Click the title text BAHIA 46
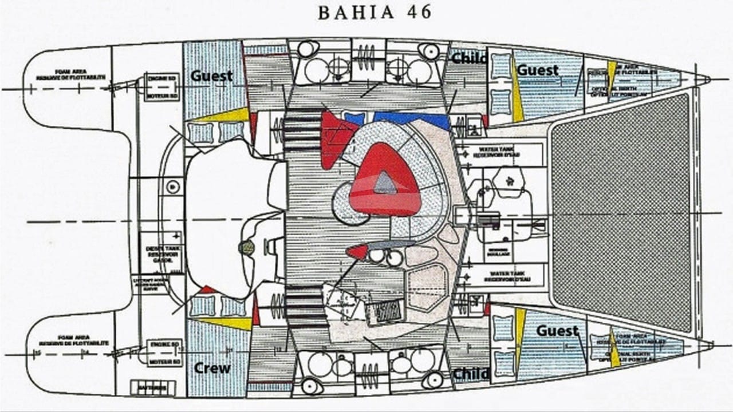(375, 13)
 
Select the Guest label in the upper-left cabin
(212, 76)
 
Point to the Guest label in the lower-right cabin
(557, 331)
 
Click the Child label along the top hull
(469, 58)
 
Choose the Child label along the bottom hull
(471, 374)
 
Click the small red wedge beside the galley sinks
(357, 251)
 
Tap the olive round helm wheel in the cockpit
(247, 247)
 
